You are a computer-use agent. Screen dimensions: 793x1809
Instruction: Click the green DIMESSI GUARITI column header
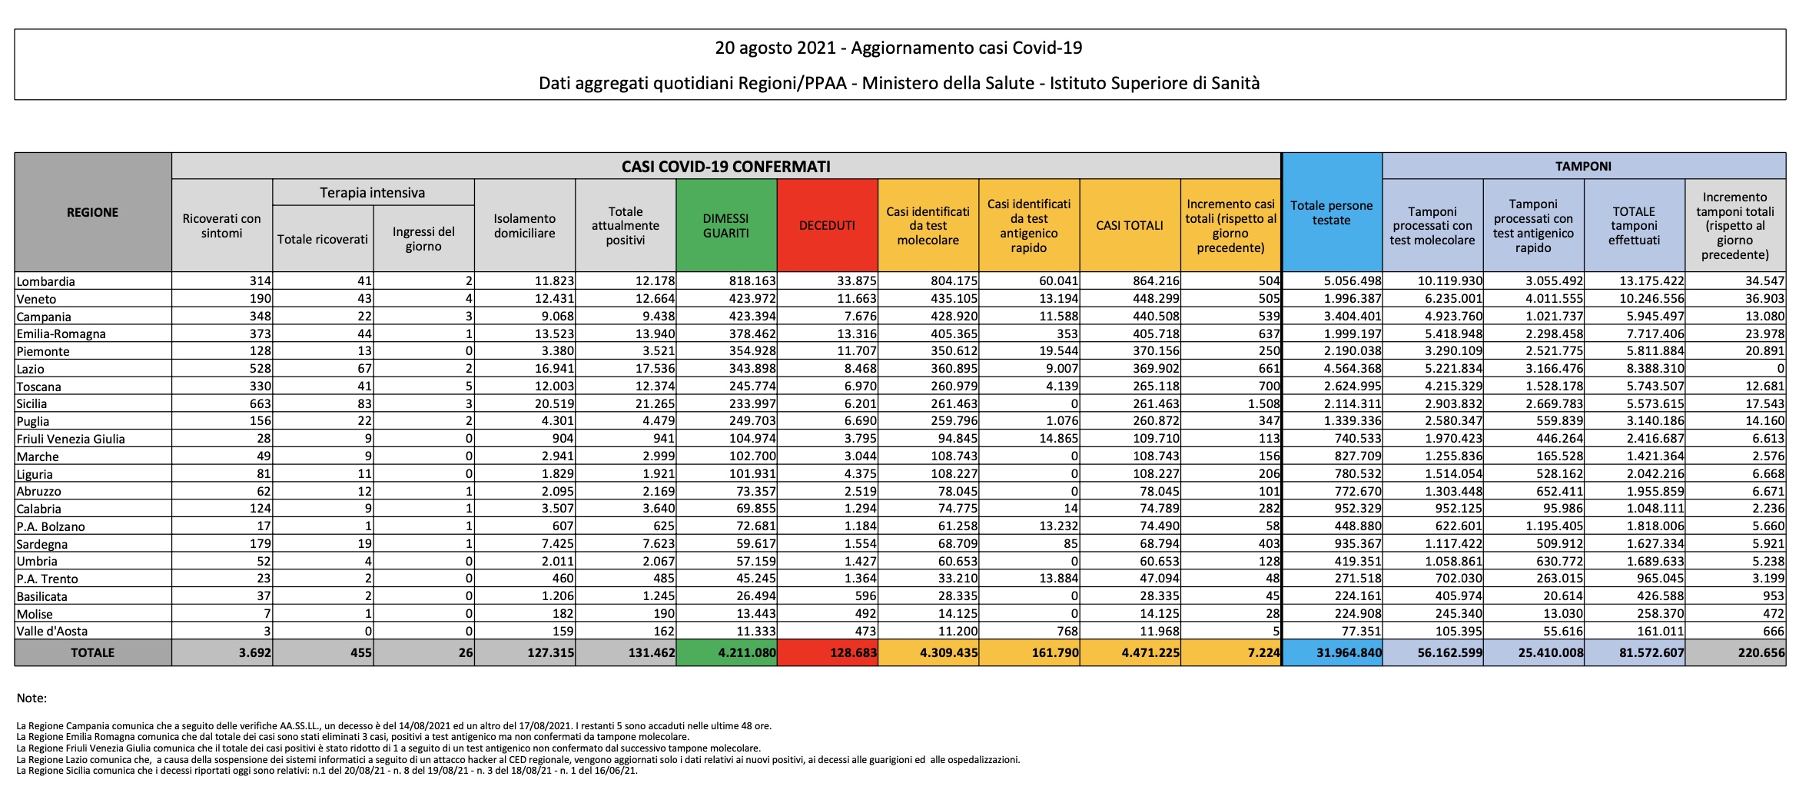click(x=725, y=226)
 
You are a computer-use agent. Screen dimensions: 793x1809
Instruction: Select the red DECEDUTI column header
click(x=827, y=226)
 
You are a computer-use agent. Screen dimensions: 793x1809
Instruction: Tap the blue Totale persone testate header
click(x=1331, y=213)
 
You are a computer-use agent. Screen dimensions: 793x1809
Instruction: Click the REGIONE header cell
click(x=92, y=212)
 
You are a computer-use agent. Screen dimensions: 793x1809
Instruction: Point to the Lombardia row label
click(x=46, y=281)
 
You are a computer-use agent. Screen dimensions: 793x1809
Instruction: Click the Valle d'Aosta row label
click(x=52, y=631)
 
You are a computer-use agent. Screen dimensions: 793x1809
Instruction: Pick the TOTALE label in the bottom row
click(x=92, y=652)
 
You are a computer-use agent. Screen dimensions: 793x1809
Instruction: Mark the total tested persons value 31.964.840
click(x=1349, y=653)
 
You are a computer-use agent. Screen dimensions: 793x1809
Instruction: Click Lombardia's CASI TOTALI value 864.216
click(x=1156, y=281)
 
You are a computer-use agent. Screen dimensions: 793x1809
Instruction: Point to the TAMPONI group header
click(x=1583, y=166)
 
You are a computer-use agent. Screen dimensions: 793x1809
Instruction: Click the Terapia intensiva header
click(x=373, y=193)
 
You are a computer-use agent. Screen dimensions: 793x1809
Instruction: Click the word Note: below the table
click(x=32, y=698)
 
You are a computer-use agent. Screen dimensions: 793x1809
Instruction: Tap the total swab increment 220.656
click(x=1761, y=653)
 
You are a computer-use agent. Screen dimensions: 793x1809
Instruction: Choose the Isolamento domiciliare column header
click(x=524, y=226)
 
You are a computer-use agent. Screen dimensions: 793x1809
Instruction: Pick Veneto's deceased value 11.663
click(x=857, y=299)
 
